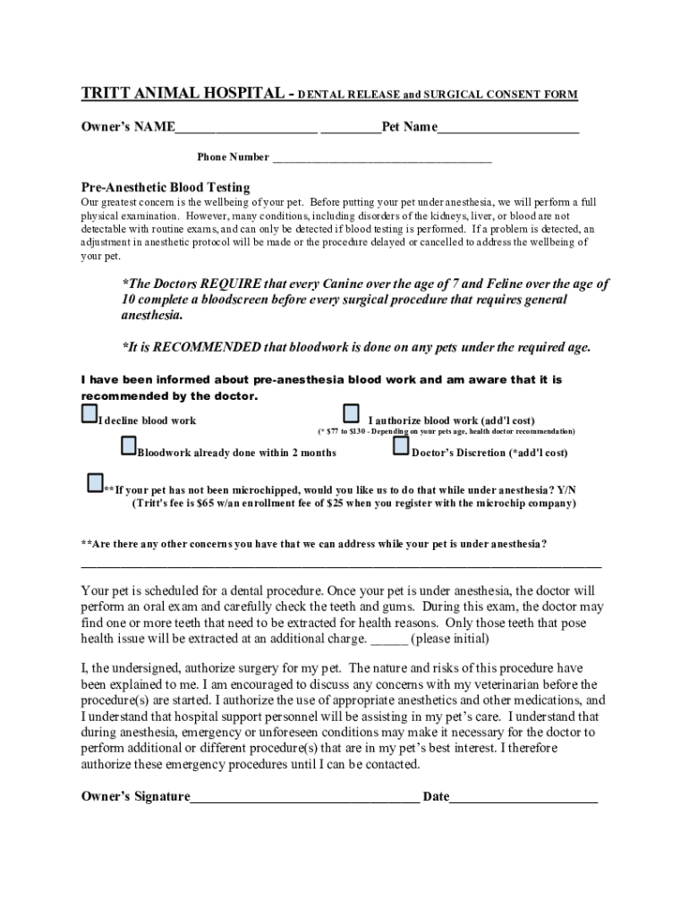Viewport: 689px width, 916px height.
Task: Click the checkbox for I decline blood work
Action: (89, 414)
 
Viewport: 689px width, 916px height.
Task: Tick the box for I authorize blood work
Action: (352, 413)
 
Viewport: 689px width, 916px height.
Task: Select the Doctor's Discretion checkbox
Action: (401, 445)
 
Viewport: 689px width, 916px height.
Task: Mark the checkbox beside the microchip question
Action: (95, 484)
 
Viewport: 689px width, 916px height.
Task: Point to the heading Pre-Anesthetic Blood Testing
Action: (166, 188)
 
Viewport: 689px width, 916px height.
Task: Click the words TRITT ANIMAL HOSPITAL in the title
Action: (179, 94)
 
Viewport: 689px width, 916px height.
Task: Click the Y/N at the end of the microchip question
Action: (567, 489)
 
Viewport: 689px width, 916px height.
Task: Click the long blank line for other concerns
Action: (341, 566)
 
